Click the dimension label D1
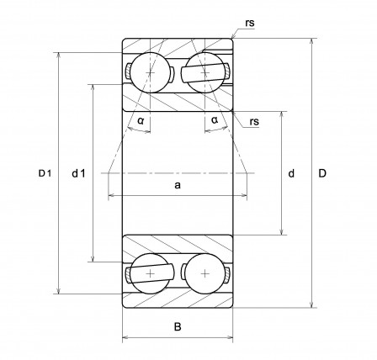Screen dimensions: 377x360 tap(45, 173)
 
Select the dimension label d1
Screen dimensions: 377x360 tap(78, 174)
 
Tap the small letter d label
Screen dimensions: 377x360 tap(291, 173)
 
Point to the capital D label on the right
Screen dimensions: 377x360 tap(322, 173)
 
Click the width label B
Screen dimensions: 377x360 tap(178, 326)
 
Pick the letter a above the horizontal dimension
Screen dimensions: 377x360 tap(178, 185)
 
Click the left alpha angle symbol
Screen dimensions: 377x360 tap(141, 121)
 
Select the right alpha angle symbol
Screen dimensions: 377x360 tap(215, 120)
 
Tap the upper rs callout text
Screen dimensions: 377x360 tap(250, 23)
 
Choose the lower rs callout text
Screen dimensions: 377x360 tap(254, 122)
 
